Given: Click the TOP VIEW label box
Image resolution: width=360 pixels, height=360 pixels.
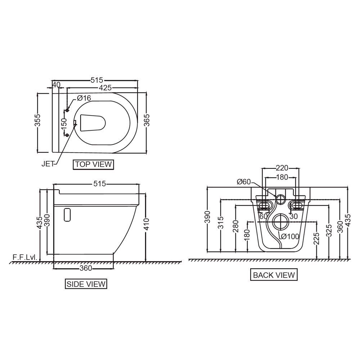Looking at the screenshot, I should [x=93, y=165].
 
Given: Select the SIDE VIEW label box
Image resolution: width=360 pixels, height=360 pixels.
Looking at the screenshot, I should [x=86, y=284].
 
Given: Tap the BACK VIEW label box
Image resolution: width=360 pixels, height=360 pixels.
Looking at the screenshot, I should [x=274, y=275].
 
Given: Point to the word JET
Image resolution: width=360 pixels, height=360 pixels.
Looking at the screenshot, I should [x=48, y=164].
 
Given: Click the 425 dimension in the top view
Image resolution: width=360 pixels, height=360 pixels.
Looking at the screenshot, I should [x=104, y=87].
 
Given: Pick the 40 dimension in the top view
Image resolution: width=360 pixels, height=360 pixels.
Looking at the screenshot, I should [x=56, y=85].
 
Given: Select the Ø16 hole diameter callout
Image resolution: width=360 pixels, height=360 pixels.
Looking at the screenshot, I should [x=84, y=98].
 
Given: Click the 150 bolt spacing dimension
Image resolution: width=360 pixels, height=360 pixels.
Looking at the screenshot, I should [x=64, y=123].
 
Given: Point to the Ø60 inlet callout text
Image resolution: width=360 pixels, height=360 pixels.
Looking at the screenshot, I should [x=244, y=182].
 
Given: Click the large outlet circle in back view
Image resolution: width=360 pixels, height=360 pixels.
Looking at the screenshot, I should [x=280, y=221].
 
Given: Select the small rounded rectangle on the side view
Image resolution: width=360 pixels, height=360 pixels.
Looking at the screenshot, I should [x=67, y=214].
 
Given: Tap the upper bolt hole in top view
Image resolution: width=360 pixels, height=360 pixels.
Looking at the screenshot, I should [x=67, y=110].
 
